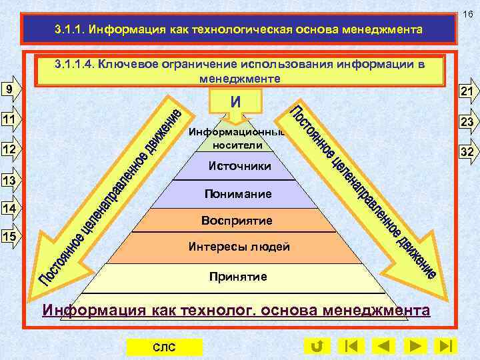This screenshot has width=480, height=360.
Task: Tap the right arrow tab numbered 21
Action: click(465, 92)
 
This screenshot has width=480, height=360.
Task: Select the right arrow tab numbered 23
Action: click(465, 122)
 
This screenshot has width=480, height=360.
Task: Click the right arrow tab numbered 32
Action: click(465, 152)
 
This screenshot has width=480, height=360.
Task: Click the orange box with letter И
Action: click(235, 101)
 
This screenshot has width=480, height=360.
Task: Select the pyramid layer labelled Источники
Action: click(239, 166)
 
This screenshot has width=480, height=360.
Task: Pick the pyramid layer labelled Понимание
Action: click(239, 194)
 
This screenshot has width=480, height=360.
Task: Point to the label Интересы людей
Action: click(239, 247)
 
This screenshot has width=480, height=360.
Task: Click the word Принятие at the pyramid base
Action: click(237, 276)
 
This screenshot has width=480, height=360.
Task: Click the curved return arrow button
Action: click(317, 346)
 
